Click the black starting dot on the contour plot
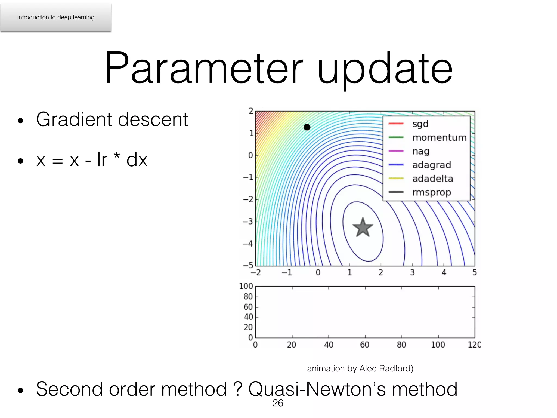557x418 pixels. (307, 127)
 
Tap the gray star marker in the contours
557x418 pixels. (363, 228)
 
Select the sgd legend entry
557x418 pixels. (420, 124)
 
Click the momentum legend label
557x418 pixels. (440, 138)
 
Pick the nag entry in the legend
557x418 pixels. (421, 151)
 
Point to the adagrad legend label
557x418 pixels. (432, 165)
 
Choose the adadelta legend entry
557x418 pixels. (433, 179)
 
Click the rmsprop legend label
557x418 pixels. (432, 192)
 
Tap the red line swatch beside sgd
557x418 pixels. (396, 124)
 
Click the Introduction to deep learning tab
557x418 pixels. (56, 17)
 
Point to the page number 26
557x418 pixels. (278, 403)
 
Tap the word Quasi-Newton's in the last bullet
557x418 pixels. (317, 389)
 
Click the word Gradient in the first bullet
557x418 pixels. (73, 120)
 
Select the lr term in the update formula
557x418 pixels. (102, 160)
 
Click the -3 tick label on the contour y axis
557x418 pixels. (248, 222)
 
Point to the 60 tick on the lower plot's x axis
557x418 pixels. (364, 345)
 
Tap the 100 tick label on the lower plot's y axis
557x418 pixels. (246, 286)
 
